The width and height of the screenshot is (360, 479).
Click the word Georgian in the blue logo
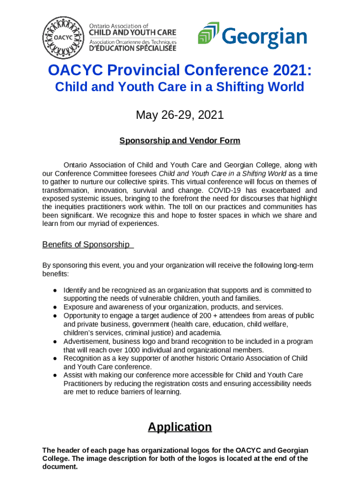tap(265, 37)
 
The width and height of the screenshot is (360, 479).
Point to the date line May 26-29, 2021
tap(180, 115)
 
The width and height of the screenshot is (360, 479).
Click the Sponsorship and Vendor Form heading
tap(180, 140)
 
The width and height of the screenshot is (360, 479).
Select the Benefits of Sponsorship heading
tap(86, 244)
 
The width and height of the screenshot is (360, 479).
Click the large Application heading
tap(180, 427)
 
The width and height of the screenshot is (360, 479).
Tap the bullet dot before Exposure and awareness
tap(55, 307)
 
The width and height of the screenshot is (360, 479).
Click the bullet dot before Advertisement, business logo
tap(55, 341)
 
